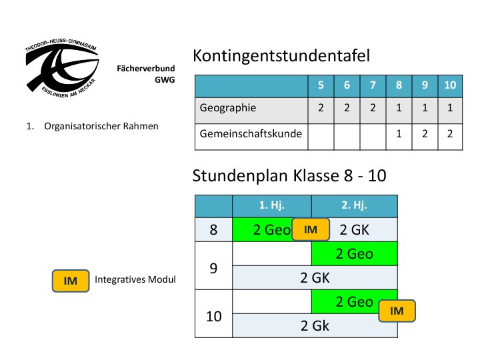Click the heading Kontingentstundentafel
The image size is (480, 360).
[281, 57]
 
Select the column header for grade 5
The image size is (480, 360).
[321, 85]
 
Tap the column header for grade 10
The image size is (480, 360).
[450, 85]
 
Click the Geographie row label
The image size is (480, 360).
[228, 107]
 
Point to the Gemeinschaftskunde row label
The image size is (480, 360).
[251, 134]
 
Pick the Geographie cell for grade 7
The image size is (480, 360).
[373, 107]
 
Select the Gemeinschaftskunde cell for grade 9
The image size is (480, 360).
[424, 134]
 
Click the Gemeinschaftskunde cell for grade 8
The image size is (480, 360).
[399, 134]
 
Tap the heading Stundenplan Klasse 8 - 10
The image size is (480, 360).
[289, 176]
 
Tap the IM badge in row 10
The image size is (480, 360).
[397, 311]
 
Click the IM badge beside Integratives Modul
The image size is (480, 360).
[71, 281]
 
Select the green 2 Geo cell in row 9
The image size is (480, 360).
[354, 254]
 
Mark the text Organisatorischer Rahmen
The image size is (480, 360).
[101, 125]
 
